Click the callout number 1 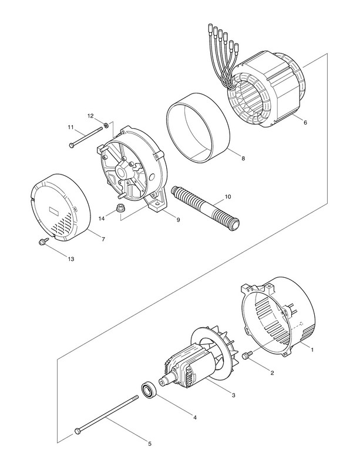[313, 350]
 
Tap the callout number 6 [305, 123]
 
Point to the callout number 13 [71, 259]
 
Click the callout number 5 [150, 444]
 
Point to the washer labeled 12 [105, 125]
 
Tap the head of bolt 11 [72, 145]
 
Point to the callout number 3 [234, 395]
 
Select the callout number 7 [103, 239]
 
